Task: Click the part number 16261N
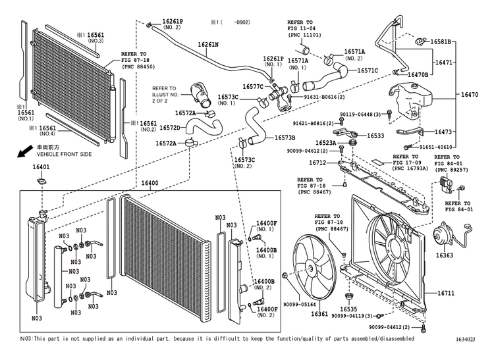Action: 208,45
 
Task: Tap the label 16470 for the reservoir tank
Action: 470,95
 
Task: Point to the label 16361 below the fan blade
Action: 319,315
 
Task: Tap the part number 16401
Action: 41,167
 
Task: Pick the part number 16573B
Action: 284,137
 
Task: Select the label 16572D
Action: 169,127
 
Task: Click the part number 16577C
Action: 253,86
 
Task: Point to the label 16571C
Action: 367,70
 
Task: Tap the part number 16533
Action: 376,136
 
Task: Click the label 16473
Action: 442,132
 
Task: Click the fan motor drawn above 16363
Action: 439,233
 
